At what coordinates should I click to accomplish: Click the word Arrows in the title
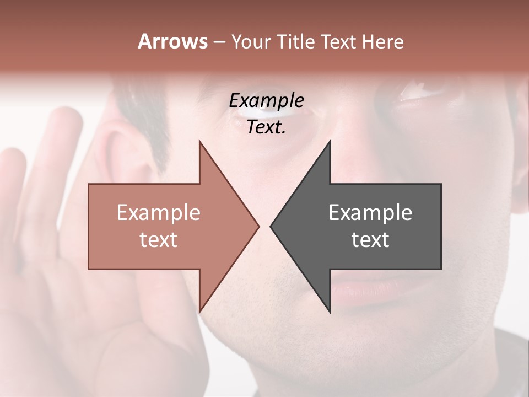click(172, 41)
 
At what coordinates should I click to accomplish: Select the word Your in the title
click(251, 42)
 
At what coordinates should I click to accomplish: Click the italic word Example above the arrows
click(266, 101)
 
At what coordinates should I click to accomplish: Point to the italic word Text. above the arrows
click(266, 127)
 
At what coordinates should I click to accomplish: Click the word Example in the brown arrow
click(159, 213)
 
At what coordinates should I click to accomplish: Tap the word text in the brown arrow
click(159, 240)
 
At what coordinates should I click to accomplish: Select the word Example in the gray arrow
click(370, 213)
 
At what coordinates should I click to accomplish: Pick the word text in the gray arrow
click(370, 240)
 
